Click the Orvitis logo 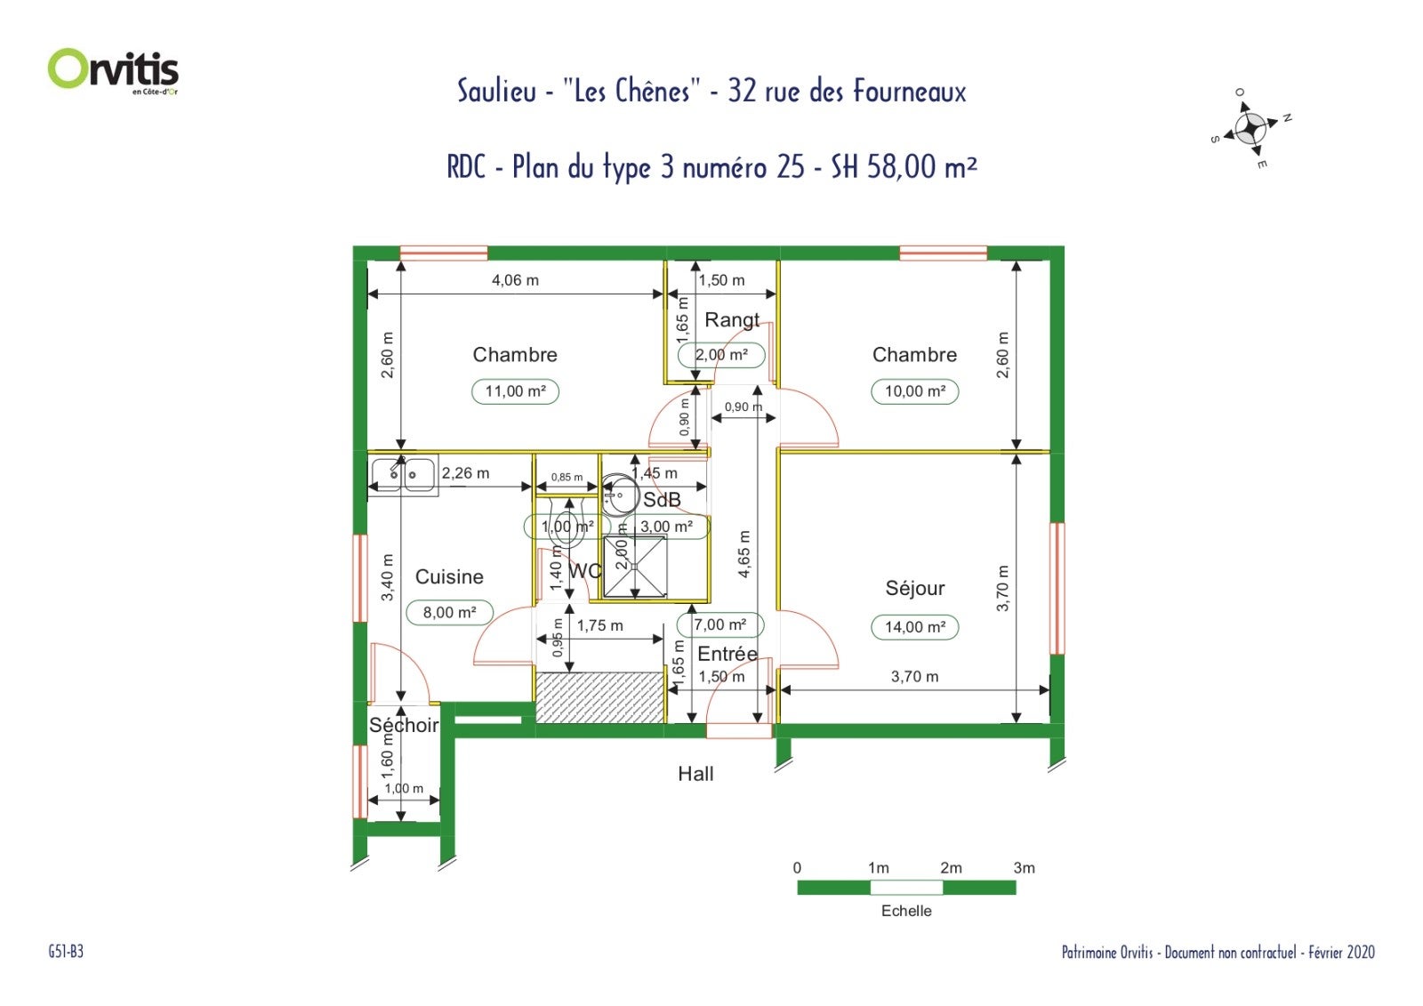[113, 71]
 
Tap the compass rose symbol [1250, 129]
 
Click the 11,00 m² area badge [515, 391]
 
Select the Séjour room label [915, 589]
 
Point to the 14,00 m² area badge [915, 627]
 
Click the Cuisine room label [449, 577]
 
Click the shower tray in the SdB [635, 567]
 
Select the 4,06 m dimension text [515, 280]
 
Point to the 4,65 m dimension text [744, 553]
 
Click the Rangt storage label [732, 320]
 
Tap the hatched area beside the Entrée [600, 697]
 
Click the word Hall [695, 774]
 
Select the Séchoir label [404, 725]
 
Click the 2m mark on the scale [951, 868]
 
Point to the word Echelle [906, 912]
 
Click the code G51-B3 [66, 952]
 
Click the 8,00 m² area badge [450, 613]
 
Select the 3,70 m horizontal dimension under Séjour [915, 677]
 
